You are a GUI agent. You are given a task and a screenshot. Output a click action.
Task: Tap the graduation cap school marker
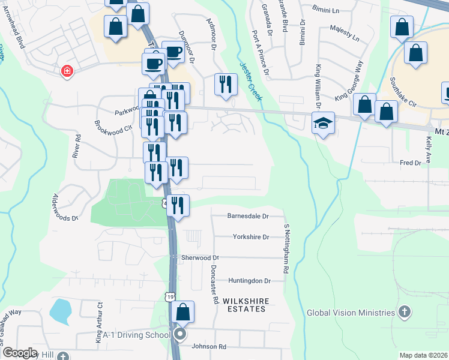tap(323, 124)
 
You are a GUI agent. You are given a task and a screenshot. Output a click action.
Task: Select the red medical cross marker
tap(67, 71)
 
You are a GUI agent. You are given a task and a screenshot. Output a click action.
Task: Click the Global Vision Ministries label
tap(351, 313)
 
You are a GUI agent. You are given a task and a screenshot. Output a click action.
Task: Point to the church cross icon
tap(405, 312)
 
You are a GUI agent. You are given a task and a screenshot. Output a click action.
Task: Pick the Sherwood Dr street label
tap(200, 257)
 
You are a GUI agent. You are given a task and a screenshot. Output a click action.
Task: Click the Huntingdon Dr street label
tap(250, 280)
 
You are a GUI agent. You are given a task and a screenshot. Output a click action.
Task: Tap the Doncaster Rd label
tap(214, 281)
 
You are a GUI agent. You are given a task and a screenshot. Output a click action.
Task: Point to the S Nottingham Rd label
tap(287, 249)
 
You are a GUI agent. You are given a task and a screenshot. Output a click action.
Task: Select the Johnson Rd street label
tap(208, 347)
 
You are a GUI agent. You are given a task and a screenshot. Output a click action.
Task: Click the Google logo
tap(20, 353)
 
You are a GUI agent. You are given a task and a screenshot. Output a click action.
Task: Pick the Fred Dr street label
tap(411, 163)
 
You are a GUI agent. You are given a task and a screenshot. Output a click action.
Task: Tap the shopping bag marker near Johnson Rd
tap(183, 312)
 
